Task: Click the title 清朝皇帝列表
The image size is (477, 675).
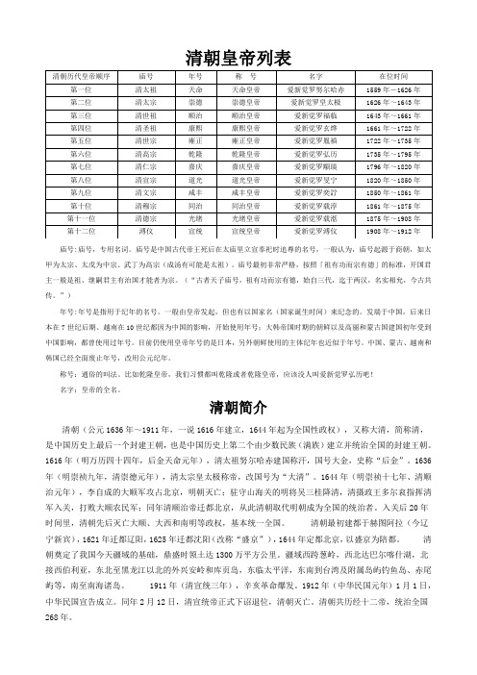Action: (238, 59)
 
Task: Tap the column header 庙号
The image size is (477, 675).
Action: (147, 74)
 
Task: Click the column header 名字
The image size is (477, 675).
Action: (315, 74)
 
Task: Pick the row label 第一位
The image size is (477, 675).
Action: (82, 87)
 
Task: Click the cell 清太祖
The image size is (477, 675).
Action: (147, 87)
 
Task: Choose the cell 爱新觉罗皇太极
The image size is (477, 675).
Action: (315, 100)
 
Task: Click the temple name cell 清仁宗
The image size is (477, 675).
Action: (147, 166)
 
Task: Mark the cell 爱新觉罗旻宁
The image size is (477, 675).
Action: (315, 180)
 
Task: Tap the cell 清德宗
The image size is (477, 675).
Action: (147, 218)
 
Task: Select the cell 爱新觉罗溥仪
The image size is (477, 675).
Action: (315, 232)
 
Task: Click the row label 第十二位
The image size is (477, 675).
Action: (82, 232)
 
